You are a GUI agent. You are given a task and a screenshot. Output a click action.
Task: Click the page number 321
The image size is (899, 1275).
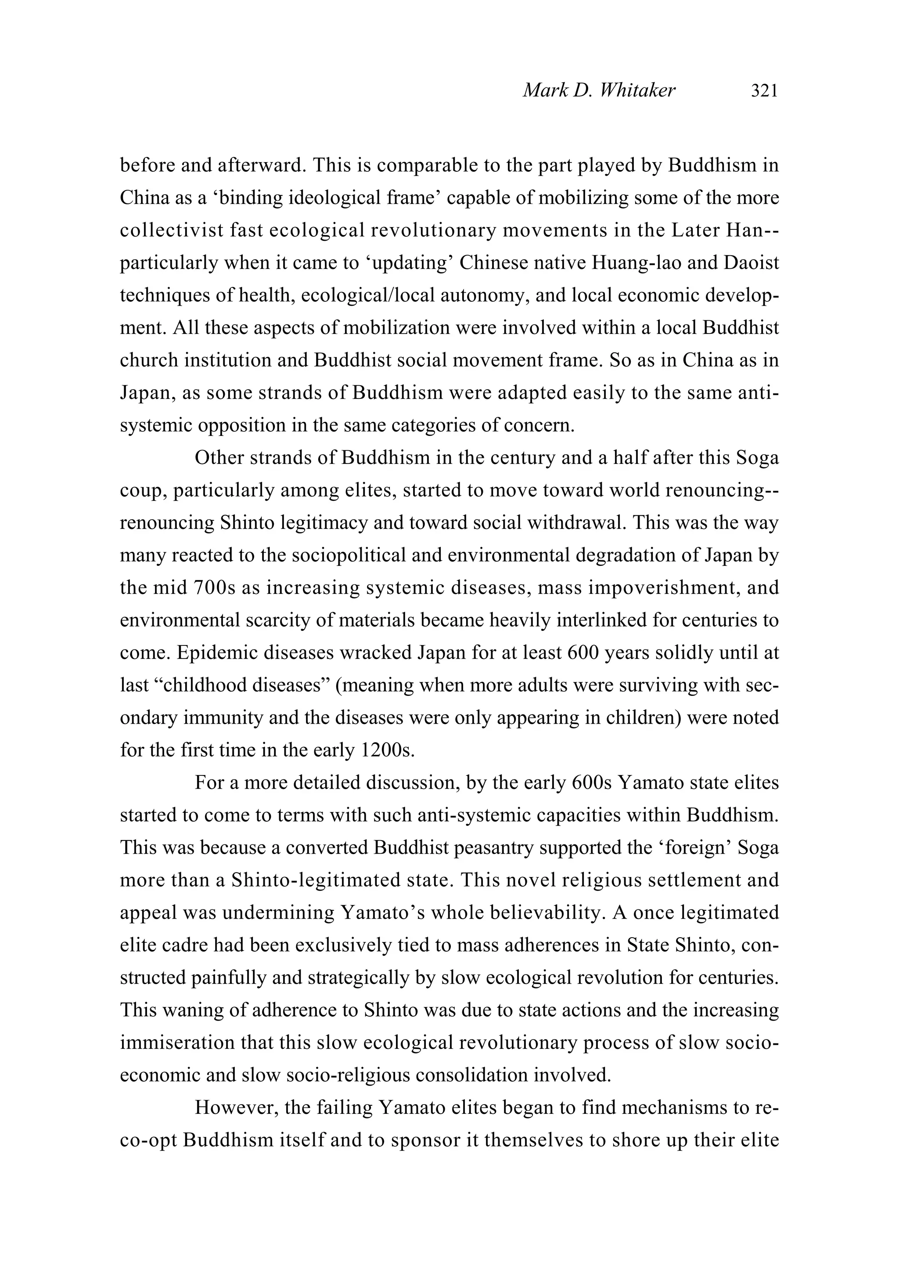764,90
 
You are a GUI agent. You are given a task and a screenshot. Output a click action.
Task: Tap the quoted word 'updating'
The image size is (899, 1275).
410,263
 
